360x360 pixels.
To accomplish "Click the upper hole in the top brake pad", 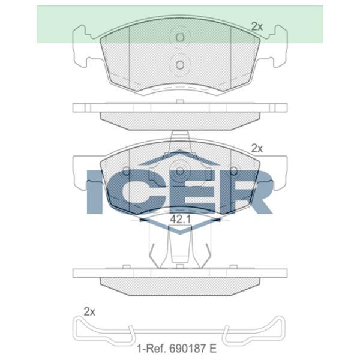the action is pos(180,37).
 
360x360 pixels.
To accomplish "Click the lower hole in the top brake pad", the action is pos(180,65).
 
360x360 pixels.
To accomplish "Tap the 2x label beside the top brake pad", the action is pos(257,26).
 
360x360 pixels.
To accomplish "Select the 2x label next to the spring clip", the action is pos(89,311).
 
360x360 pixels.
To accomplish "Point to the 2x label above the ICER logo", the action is pos(257,149).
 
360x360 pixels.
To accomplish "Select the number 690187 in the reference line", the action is pos(185,349).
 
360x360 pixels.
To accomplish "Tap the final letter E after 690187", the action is pos(213,349).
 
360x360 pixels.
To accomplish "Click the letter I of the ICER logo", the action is pos(94,192).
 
